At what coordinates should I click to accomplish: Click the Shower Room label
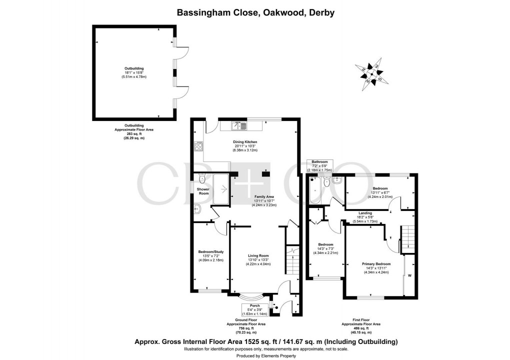click(x=202, y=191)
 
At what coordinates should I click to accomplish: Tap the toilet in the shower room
click(x=201, y=178)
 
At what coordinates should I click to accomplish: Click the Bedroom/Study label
click(x=210, y=251)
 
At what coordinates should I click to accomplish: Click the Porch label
click(x=255, y=305)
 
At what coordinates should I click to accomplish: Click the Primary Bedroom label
click(x=376, y=263)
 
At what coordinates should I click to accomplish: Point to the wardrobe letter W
click(x=409, y=275)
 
